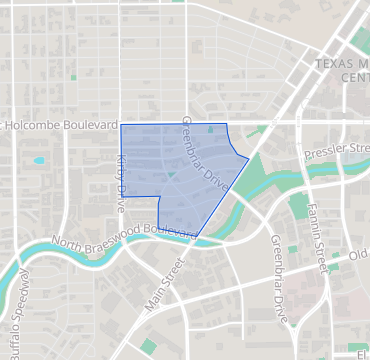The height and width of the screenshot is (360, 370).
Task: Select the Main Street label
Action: click(x=166, y=285)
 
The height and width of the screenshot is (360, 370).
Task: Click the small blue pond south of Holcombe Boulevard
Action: click(x=39, y=160)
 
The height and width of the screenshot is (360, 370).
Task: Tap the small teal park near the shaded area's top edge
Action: click(x=210, y=129)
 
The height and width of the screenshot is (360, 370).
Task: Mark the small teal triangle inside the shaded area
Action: click(x=171, y=176)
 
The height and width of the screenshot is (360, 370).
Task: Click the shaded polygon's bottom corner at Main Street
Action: click(x=196, y=238)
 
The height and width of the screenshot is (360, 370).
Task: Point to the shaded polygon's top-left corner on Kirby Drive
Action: click(x=121, y=125)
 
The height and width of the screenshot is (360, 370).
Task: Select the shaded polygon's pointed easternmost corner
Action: click(x=248, y=157)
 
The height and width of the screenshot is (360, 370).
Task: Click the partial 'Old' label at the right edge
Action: click(x=359, y=255)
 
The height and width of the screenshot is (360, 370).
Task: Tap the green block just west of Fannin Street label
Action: click(x=298, y=207)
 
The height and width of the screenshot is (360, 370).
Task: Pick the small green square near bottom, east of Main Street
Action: click(x=149, y=345)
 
